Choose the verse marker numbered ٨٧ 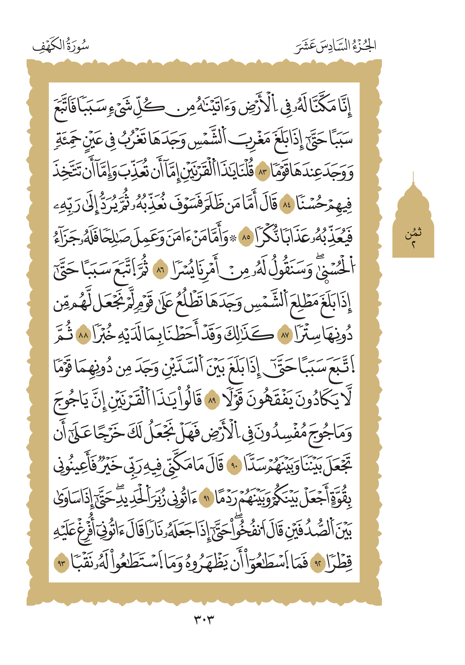click(285, 335)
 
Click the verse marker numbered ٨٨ click(83, 335)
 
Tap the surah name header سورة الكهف click(61, 46)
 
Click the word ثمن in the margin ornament click(413, 233)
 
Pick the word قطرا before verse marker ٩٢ click(338, 563)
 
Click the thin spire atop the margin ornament click(413, 177)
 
